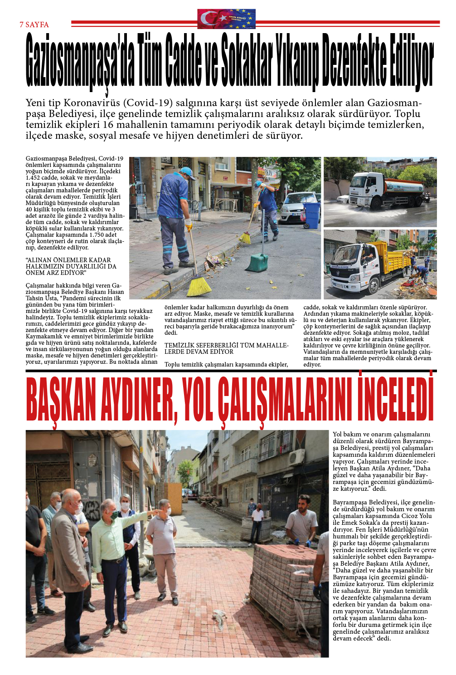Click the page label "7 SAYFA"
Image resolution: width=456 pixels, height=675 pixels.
[x=34, y=24]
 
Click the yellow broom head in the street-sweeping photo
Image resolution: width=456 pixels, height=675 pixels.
[x=199, y=286]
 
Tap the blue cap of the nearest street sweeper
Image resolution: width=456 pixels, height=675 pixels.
[x=187, y=171]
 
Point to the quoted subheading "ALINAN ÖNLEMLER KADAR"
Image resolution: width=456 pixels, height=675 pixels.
[x=68, y=260]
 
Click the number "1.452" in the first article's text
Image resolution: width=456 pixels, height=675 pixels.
[x=34, y=178]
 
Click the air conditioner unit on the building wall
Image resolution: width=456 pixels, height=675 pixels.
[x=296, y=457]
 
